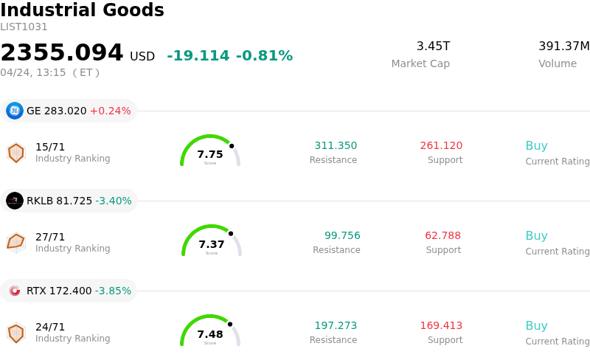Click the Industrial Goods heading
point(82,10)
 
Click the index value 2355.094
point(62,53)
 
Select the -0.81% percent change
point(264,56)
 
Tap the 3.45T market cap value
point(433,46)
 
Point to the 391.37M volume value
point(563,46)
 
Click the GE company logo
point(15,111)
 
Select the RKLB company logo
point(15,201)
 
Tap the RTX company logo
point(15,291)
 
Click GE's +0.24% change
point(110,111)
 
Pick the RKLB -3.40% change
point(113,201)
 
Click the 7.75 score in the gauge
point(210,154)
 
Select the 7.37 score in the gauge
point(212,244)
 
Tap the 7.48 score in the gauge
point(210,334)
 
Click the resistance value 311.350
point(336,146)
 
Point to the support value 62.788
point(442,236)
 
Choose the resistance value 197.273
point(336,326)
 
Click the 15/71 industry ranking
point(50,147)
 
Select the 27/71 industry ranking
point(50,237)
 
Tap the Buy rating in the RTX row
point(536,326)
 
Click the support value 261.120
point(441,146)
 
